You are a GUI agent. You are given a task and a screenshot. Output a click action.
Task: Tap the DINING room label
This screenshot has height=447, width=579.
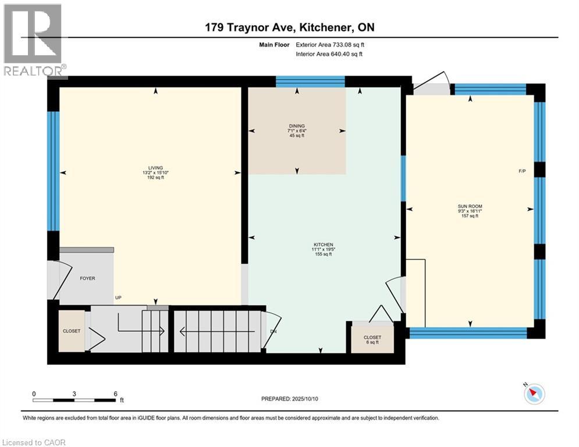tap(297, 126)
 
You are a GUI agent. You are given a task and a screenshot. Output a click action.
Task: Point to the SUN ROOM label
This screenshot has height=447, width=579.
tap(469, 206)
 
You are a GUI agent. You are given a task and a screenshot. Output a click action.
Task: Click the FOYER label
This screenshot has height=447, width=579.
tap(87, 278)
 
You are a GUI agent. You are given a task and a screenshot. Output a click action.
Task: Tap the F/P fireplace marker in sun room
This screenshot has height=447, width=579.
tap(523, 171)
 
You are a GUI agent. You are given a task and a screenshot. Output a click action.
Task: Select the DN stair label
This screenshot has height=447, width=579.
tap(273, 332)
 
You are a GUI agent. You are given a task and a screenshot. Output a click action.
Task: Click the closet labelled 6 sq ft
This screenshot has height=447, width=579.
tap(372, 338)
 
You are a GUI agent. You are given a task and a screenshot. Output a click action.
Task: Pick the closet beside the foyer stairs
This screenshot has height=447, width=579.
tap(72, 331)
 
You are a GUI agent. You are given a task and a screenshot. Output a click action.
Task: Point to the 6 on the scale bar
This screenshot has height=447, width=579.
tap(115, 393)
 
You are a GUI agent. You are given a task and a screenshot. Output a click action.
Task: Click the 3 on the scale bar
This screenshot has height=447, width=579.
tap(74, 393)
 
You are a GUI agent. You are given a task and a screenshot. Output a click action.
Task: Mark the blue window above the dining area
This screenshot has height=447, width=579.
tap(310, 81)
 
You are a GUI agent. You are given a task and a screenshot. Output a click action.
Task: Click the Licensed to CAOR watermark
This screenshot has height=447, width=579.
tap(34, 442)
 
